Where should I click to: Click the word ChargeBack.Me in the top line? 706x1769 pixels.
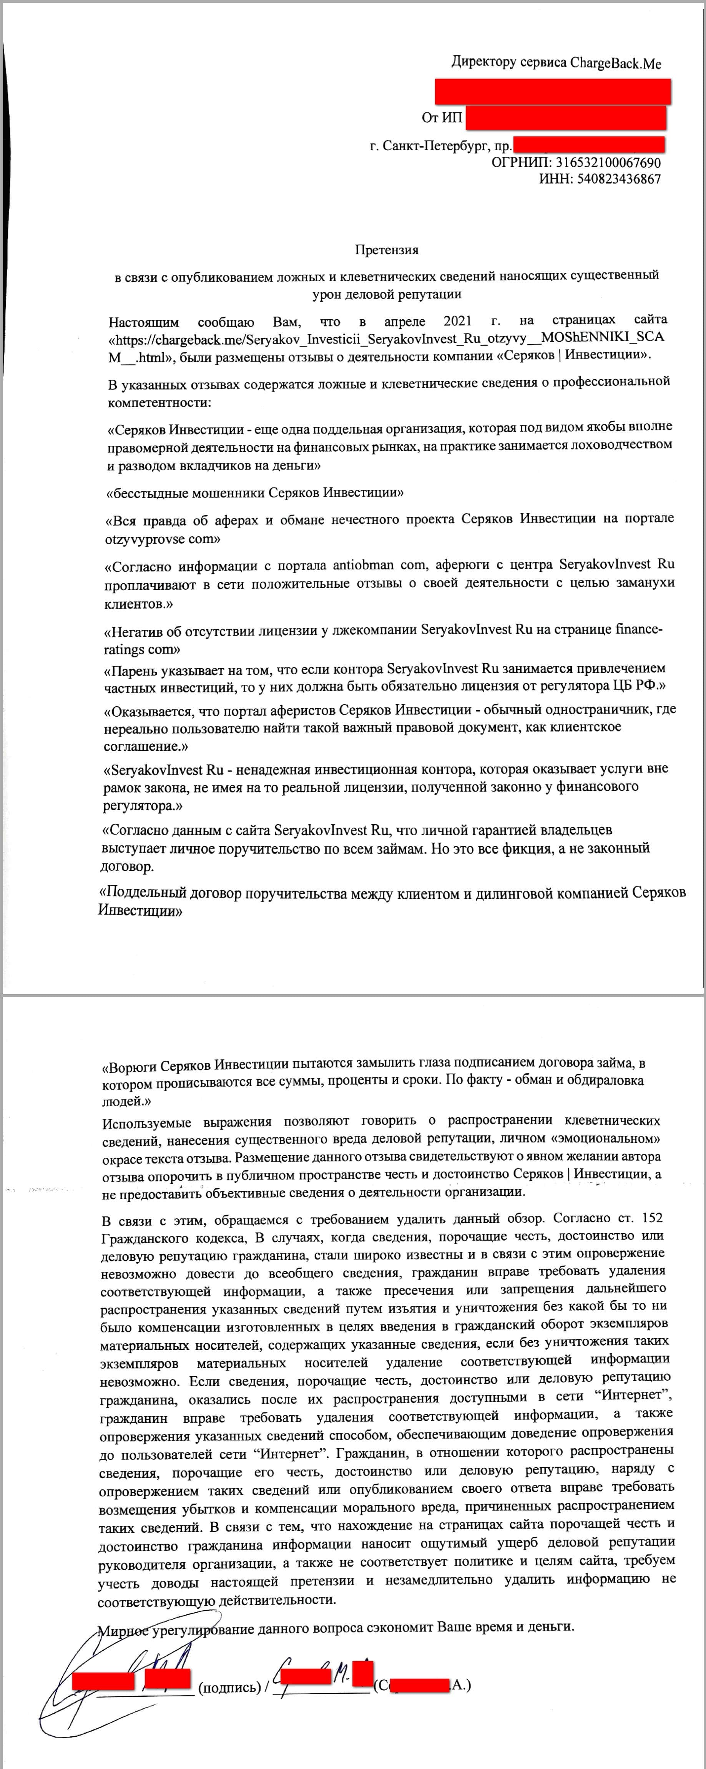click(x=615, y=63)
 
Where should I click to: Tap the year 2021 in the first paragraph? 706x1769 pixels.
click(x=457, y=321)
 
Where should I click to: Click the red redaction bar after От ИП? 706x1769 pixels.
click(x=565, y=118)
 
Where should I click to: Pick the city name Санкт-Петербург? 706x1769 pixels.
click(x=434, y=146)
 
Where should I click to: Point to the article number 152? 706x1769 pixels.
click(x=651, y=1218)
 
